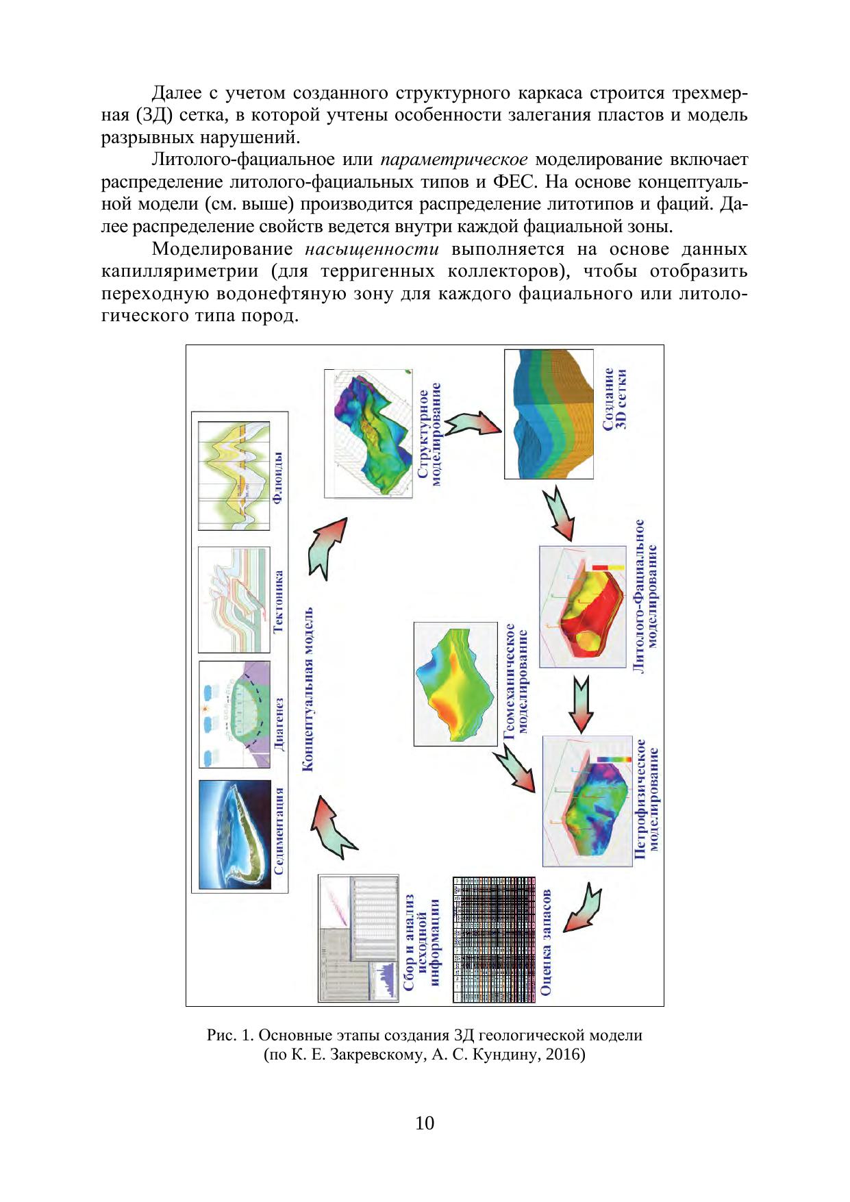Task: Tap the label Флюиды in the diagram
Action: coord(278,477)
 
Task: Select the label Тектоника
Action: coord(279,601)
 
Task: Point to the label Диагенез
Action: coord(279,725)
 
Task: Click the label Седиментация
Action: coord(279,831)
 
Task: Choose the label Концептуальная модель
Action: coord(308,689)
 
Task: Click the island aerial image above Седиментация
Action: coord(234,834)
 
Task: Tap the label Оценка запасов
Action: coord(547,942)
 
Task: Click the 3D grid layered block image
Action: coord(549,414)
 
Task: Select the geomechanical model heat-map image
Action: coord(455,684)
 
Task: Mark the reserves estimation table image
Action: coord(493,939)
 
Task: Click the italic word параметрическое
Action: coord(453,160)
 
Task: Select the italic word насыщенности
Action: coord(371,249)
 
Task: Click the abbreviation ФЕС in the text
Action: coord(508,182)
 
